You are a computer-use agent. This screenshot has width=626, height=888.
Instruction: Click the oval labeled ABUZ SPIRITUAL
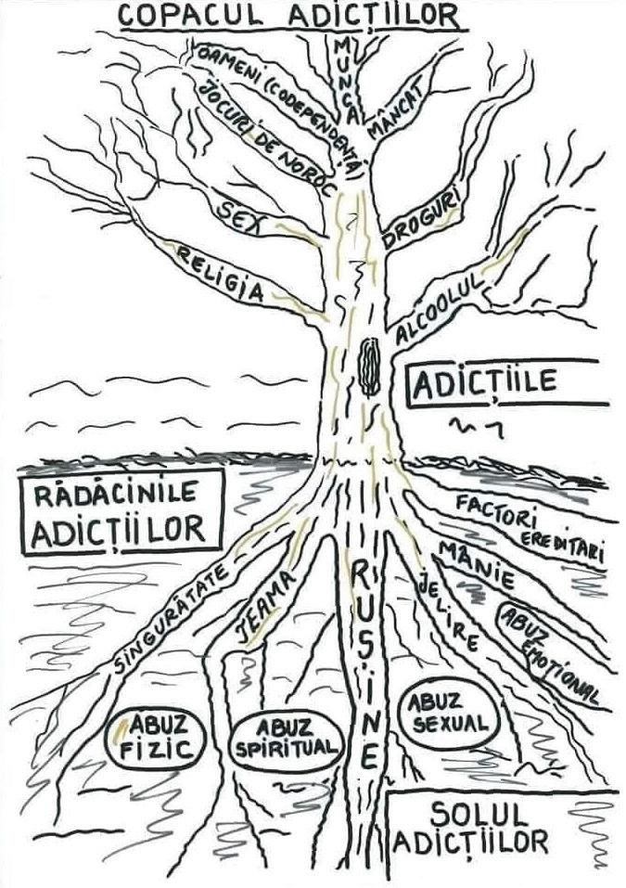click(x=286, y=740)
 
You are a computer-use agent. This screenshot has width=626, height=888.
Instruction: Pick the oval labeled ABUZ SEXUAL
click(x=445, y=716)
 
